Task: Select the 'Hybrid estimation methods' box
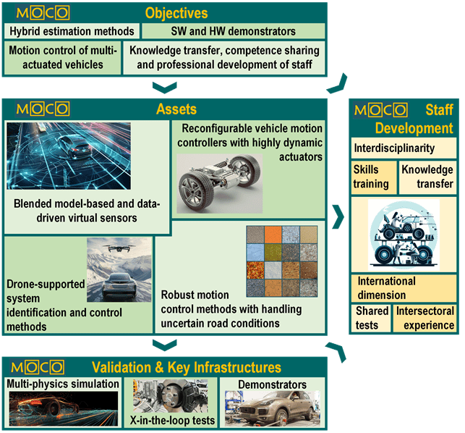(x=72, y=31)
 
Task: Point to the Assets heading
(x=176, y=109)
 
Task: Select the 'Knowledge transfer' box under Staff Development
(x=427, y=176)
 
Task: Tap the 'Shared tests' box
(x=371, y=318)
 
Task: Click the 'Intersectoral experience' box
(x=425, y=318)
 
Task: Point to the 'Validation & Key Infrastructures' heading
(x=187, y=366)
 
